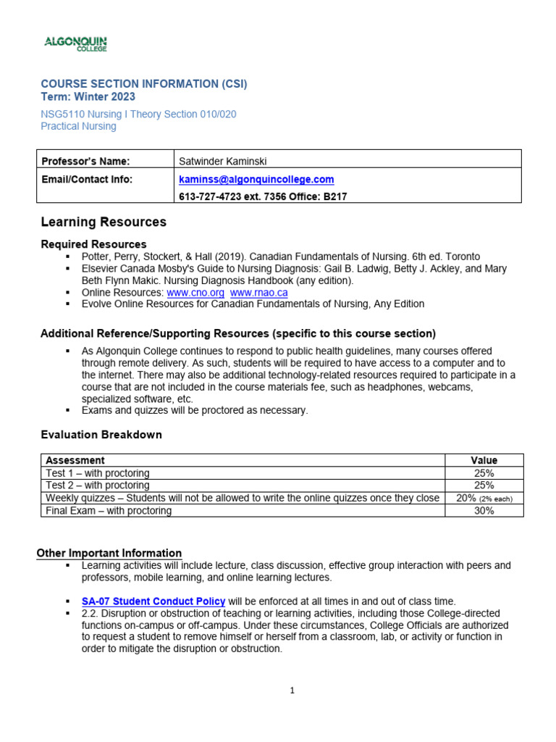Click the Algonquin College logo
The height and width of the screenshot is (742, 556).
[76, 44]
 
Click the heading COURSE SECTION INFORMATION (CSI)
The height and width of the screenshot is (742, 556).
[143, 84]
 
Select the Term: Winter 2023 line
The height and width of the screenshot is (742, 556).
[88, 97]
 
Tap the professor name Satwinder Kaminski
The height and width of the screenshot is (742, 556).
[229, 161]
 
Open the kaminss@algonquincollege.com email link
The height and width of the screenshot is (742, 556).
[256, 179]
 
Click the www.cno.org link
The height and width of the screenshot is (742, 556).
[195, 292]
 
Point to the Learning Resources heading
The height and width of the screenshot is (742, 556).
[104, 222]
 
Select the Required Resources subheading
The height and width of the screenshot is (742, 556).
[93, 244]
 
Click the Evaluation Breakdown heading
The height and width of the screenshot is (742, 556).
[101, 435]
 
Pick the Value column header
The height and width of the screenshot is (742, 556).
[484, 460]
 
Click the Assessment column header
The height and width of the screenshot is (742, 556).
[75, 460]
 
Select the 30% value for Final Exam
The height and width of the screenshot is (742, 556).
[484, 511]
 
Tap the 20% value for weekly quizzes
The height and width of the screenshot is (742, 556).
[468, 499]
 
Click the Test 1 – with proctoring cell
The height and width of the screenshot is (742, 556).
[98, 473]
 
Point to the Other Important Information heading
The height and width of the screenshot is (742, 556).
[109, 553]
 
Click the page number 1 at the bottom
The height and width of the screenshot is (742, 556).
[292, 691]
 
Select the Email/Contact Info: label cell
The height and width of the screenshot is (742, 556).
[87, 179]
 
